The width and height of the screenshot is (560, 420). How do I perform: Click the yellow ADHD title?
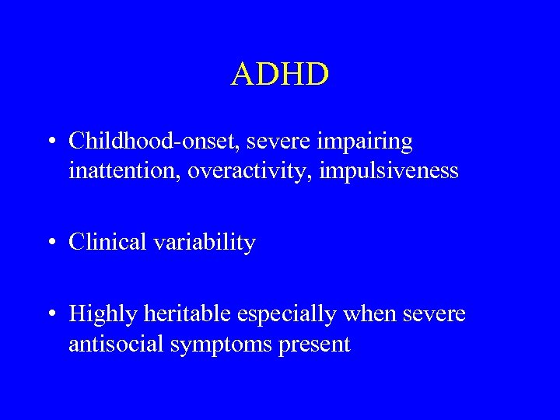[280, 75]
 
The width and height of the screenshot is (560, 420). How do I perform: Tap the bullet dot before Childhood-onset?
[51, 142]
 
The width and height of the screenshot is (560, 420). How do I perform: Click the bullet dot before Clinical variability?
[51, 243]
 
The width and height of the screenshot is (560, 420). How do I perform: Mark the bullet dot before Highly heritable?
[51, 315]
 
